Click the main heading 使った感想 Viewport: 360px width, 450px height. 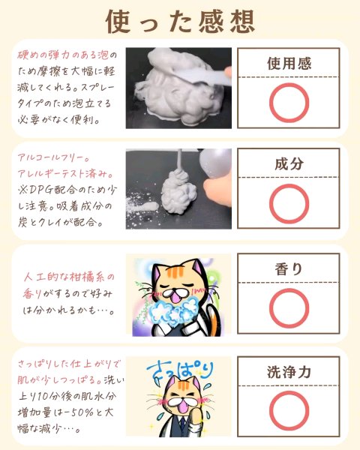(180, 22)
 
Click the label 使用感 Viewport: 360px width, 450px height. (289, 64)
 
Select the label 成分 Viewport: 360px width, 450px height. (289, 163)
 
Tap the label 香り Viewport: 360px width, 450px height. (289, 269)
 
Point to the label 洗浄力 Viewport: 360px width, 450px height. (289, 372)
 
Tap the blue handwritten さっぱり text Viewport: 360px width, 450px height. (180, 372)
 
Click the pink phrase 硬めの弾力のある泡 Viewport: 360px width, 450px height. (63, 55)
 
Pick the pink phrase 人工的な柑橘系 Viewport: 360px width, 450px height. (65, 277)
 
